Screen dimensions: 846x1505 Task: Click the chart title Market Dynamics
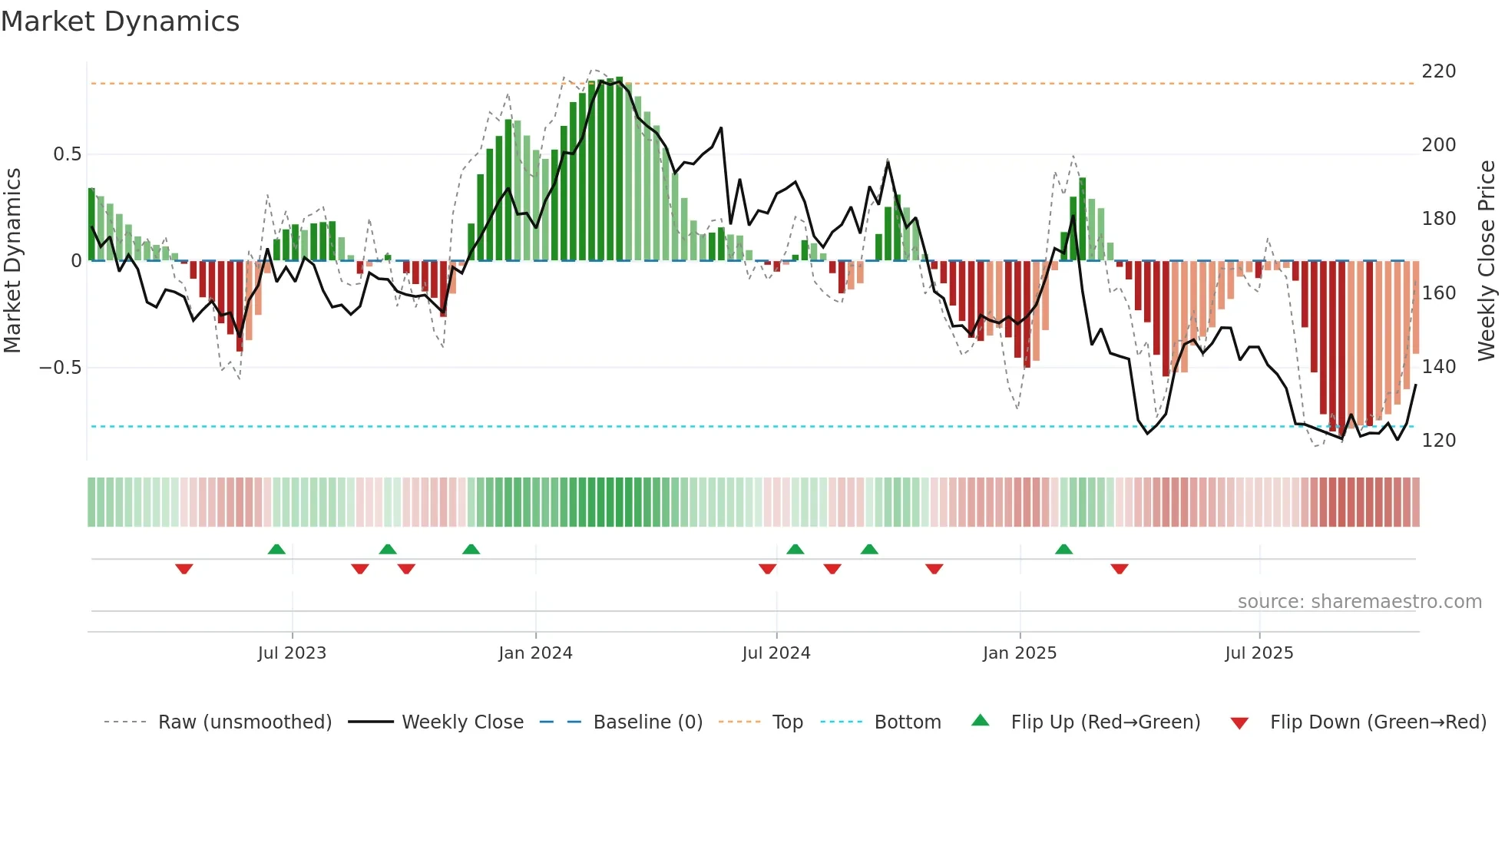coord(121,21)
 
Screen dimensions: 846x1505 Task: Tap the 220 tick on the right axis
coord(1438,71)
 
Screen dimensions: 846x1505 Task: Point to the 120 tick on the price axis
coord(1438,441)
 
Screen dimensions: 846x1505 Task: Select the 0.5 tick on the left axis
coord(67,154)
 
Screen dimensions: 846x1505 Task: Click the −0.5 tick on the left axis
coord(61,368)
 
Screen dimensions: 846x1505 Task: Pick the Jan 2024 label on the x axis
coord(535,653)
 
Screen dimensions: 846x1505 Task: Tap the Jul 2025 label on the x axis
coord(1259,653)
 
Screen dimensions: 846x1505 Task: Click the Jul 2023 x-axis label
coord(292,653)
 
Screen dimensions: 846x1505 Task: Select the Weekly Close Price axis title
coord(1487,260)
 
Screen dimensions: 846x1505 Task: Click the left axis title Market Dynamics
coord(13,260)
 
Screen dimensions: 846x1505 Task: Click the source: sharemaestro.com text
coord(1359,602)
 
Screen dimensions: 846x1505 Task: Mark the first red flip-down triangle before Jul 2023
coord(184,569)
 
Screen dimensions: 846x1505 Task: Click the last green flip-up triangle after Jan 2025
coord(1063,549)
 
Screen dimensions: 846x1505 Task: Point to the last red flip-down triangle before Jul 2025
coord(1119,569)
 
